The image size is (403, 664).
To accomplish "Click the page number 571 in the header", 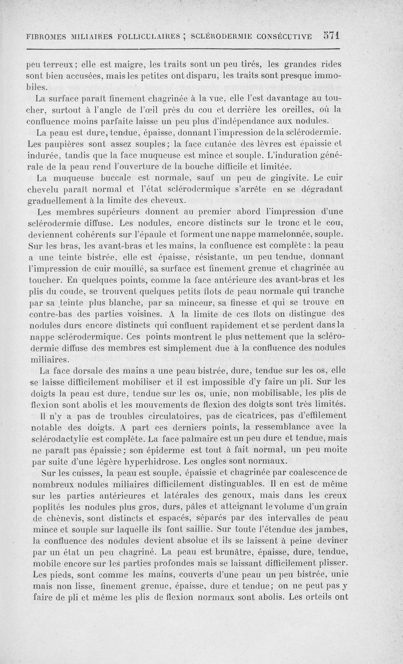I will (x=332, y=36).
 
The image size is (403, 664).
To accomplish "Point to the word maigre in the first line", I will (x=113, y=65).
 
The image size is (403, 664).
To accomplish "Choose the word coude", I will (x=75, y=292).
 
